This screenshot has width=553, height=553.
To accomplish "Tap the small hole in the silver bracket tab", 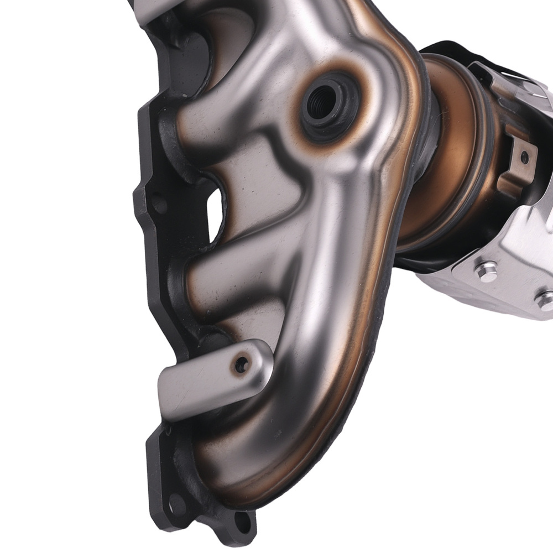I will click(x=242, y=363).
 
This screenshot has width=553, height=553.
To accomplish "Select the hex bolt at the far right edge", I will click(x=545, y=299).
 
